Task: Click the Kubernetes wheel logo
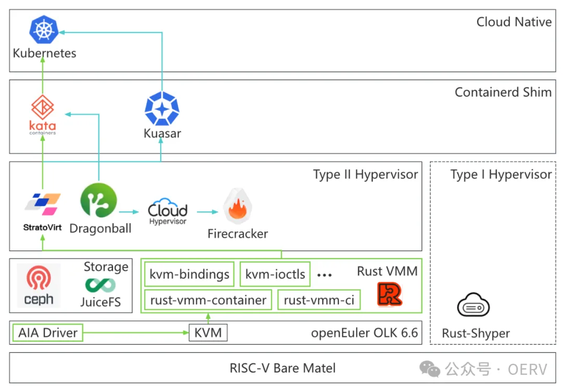point(43,30)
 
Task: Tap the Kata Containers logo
point(42,109)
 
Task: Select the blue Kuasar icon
point(162,109)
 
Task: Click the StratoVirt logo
point(42,204)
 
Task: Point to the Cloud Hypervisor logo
point(167,211)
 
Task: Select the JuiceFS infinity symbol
point(100,285)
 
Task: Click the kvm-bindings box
point(189,274)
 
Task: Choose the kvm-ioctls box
point(275,274)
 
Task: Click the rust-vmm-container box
point(208,300)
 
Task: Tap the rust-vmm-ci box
point(319,300)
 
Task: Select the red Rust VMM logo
point(390,294)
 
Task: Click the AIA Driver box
point(48,332)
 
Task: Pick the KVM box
point(208,332)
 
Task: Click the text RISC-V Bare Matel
point(282,368)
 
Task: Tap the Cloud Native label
point(514,22)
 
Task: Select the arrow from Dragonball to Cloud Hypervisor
point(129,212)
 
